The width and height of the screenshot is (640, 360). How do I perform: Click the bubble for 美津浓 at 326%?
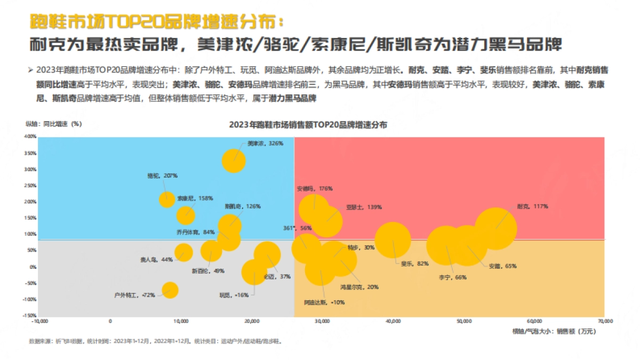tap(234, 161)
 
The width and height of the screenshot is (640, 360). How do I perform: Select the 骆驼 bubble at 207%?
tap(167, 199)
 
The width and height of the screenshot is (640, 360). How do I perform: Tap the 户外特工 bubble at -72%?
tap(170, 290)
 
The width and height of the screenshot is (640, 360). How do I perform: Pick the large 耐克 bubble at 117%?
tap(495, 228)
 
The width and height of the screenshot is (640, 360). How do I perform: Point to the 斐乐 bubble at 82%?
tap(393, 240)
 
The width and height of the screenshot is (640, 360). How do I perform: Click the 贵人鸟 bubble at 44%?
tap(183, 253)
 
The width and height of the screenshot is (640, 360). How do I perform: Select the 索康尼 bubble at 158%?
tap(186, 215)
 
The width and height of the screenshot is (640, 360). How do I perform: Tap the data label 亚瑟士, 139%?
tap(364, 206)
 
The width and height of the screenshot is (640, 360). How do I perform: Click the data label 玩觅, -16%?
tap(234, 295)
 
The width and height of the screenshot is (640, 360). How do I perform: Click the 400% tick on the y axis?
tap(30, 137)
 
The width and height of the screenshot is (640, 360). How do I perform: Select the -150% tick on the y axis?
tap(29, 315)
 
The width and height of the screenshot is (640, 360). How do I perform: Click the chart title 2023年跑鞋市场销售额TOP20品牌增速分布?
tap(308, 125)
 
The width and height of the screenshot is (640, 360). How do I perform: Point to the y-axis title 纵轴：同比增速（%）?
tap(53, 124)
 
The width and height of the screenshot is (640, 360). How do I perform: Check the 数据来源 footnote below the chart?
tap(155, 341)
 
